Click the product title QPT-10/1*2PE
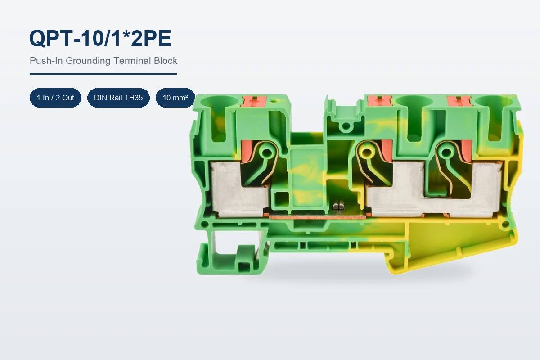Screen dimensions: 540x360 pyautogui.click(x=100, y=38)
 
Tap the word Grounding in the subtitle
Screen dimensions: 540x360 pyautogui.click(x=88, y=61)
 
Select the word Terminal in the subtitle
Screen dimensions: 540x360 pyautogui.click(x=132, y=60)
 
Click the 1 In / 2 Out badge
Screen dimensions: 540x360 pyautogui.click(x=55, y=98)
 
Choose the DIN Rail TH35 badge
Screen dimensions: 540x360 pyautogui.click(x=118, y=98)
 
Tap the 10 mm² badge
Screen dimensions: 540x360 pyautogui.click(x=175, y=98)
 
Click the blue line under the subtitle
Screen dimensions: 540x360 pyautogui.click(x=103, y=74)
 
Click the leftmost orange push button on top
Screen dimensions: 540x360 pyautogui.click(x=254, y=102)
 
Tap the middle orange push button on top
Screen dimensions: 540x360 pyautogui.click(x=380, y=100)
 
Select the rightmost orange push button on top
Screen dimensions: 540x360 pyautogui.click(x=459, y=101)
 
